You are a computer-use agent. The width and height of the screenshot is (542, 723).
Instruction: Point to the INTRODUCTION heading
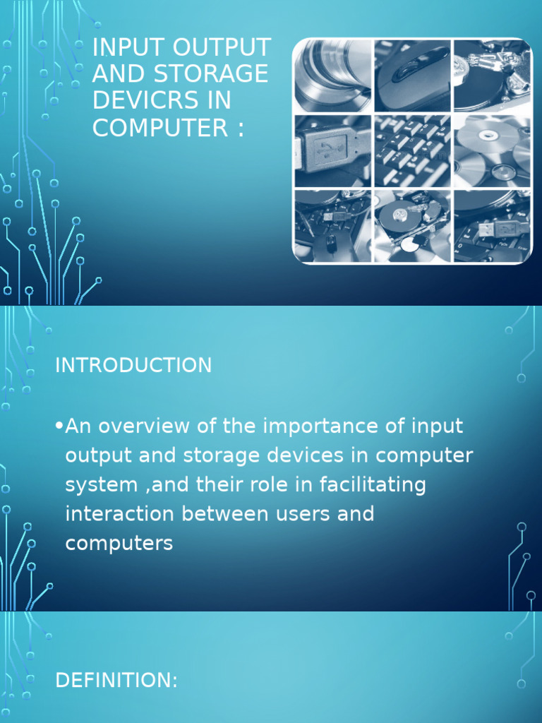[x=133, y=365]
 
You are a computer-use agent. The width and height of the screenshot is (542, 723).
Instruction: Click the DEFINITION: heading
[x=116, y=681]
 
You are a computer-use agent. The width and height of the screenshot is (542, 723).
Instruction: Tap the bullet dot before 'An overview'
[x=59, y=426]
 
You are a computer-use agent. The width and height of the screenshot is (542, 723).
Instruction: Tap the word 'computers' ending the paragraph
[x=119, y=544]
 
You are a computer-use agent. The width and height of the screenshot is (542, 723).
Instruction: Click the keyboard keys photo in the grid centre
[x=412, y=150]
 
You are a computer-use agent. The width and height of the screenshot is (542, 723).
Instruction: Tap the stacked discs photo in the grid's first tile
[x=332, y=74]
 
